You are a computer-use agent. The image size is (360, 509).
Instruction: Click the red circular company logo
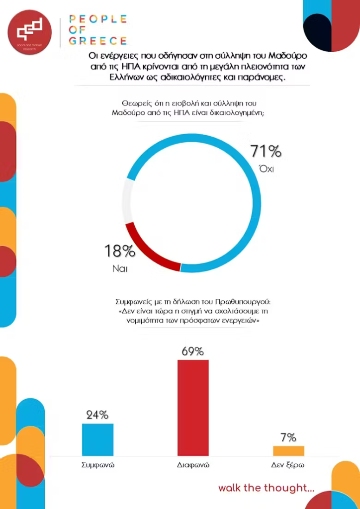tap(30, 31)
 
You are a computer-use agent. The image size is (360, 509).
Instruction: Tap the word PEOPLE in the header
tap(97, 19)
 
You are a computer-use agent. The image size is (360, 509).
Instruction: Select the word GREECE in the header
tap(97, 41)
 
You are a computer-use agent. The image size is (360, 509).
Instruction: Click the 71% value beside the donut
tap(266, 151)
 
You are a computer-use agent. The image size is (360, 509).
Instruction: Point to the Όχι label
tap(267, 169)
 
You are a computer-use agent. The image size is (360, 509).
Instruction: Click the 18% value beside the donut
tap(119, 251)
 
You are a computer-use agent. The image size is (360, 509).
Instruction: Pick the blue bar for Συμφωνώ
tap(97, 439)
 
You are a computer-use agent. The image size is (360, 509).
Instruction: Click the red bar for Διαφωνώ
tap(193, 408)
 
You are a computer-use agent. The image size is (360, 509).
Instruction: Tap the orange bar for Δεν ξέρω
tap(288, 450)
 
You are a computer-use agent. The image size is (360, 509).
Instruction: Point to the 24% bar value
tap(97, 415)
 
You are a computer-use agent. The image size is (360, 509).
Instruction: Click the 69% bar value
tap(193, 351)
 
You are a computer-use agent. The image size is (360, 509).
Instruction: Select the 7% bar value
tap(288, 437)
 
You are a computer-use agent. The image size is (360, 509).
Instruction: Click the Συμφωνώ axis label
tap(97, 466)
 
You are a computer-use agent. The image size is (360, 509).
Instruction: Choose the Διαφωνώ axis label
tap(193, 466)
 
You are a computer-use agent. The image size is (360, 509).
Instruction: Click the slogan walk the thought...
tap(266, 488)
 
